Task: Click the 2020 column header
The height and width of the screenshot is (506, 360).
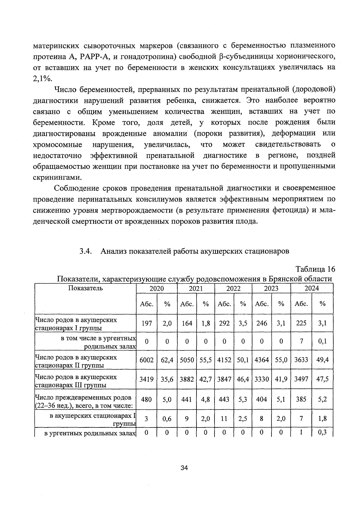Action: tap(157, 288)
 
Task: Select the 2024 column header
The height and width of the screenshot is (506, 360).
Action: tap(312, 288)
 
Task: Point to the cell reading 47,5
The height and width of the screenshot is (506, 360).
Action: tap(322, 379)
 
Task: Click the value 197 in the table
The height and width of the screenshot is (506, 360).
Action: tap(147, 323)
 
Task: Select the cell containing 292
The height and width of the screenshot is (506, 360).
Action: tap(224, 323)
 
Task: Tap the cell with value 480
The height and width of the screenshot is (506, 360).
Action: tap(146, 399)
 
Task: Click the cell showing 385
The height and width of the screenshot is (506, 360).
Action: tap(301, 399)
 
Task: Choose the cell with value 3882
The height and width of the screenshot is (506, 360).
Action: tap(187, 379)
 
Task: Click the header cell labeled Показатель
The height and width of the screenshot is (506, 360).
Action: tap(85, 288)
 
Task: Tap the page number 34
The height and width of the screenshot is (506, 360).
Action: tap(184, 468)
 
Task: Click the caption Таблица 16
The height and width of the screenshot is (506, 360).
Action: tap(315, 269)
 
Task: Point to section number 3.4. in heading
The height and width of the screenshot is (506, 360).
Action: tap(85, 251)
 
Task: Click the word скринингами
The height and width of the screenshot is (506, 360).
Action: tap(57, 177)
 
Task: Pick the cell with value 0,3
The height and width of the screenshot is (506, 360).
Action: tap(322, 433)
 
